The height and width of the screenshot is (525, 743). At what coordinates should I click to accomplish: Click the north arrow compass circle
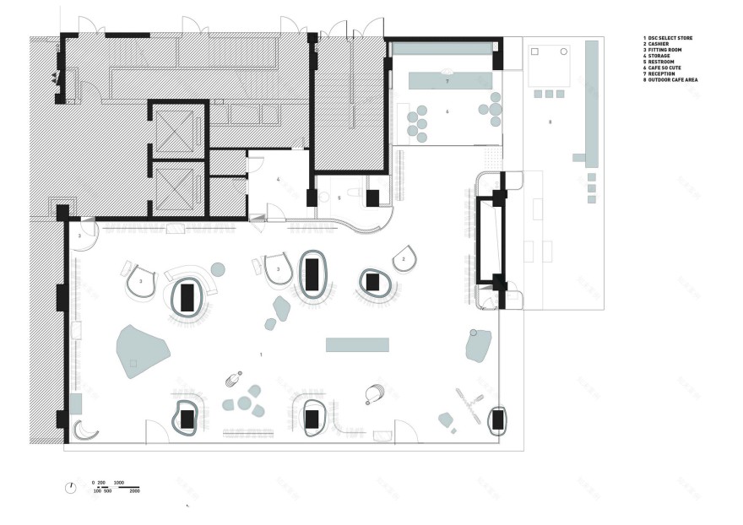click(x=71, y=487)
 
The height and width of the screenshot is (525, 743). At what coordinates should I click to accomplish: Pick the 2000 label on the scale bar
click(x=134, y=490)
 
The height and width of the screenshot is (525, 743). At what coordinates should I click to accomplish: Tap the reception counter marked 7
click(x=450, y=81)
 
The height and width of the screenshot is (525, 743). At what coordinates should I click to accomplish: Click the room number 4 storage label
click(x=277, y=180)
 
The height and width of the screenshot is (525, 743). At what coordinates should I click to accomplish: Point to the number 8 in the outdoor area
click(x=550, y=122)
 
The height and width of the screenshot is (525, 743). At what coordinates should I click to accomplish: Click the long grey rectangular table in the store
click(x=357, y=344)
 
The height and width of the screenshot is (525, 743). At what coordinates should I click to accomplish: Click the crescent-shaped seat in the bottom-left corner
click(x=85, y=431)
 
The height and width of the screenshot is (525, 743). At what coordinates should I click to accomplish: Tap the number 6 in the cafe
click(x=447, y=111)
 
